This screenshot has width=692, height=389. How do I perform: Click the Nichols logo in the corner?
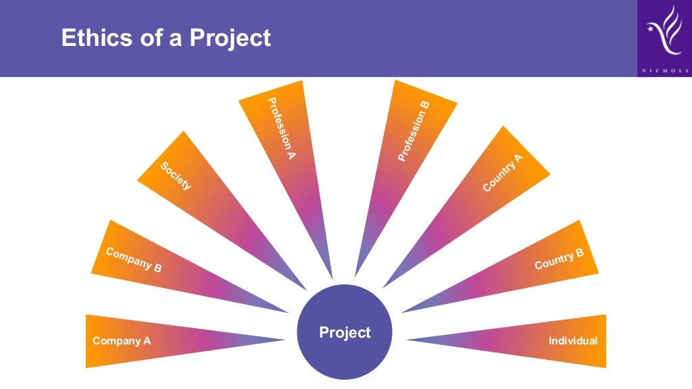(x=664, y=34)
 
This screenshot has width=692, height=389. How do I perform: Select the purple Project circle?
(x=345, y=332)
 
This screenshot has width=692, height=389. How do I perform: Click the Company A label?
(x=122, y=341)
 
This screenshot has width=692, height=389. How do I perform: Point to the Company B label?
(x=134, y=259)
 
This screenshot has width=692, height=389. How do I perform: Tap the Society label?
(x=176, y=176)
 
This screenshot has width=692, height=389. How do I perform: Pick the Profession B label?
(x=413, y=131)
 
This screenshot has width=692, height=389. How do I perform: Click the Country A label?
(x=503, y=173)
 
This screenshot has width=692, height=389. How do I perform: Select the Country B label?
(x=559, y=259)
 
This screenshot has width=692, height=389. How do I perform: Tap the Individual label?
(x=573, y=341)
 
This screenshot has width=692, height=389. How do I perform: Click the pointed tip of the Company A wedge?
(x=285, y=340)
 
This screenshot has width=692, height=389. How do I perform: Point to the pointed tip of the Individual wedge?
(x=407, y=340)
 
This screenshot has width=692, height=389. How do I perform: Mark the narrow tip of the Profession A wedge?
(x=332, y=277)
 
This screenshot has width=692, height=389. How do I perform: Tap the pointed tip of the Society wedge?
(x=305, y=288)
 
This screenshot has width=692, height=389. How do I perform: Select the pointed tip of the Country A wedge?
(x=384, y=287)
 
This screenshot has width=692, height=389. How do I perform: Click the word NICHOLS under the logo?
(x=664, y=70)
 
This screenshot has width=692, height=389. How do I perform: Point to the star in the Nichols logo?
(x=651, y=29)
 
